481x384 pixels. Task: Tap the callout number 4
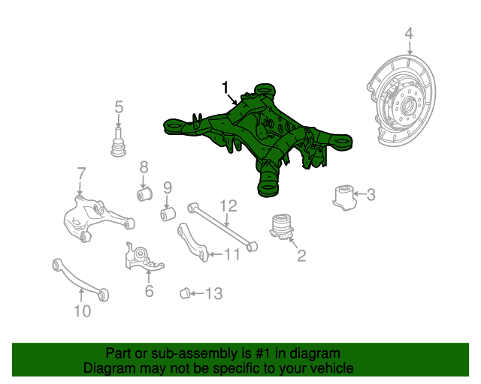[x=409, y=34]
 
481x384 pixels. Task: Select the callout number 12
[x=228, y=205]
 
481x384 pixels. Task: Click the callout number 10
[x=82, y=310]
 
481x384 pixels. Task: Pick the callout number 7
[x=80, y=175]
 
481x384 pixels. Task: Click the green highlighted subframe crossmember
[x=259, y=135]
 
